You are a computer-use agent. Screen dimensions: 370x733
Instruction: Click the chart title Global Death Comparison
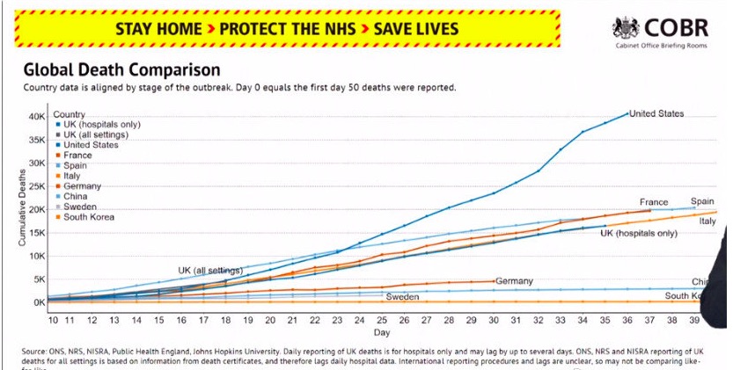pyautogui.click(x=121, y=69)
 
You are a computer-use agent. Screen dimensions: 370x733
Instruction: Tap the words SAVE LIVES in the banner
pyautogui.click(x=416, y=28)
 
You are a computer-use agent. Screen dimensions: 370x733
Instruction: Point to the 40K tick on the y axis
pyautogui.click(x=36, y=117)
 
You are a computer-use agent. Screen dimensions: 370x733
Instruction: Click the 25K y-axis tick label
pyautogui.click(x=36, y=186)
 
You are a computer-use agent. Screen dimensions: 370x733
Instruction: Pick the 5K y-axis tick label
pyautogui.click(x=39, y=279)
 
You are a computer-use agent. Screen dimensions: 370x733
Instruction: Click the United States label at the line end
pyautogui.click(x=656, y=113)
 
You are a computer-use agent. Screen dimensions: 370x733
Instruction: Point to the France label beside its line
pyautogui.click(x=654, y=202)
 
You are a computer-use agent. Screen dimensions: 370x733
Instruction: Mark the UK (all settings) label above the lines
pyautogui.click(x=212, y=269)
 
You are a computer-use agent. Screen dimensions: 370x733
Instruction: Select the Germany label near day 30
pyautogui.click(x=514, y=281)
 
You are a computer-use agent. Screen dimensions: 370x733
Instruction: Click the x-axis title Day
pyautogui.click(x=380, y=333)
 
